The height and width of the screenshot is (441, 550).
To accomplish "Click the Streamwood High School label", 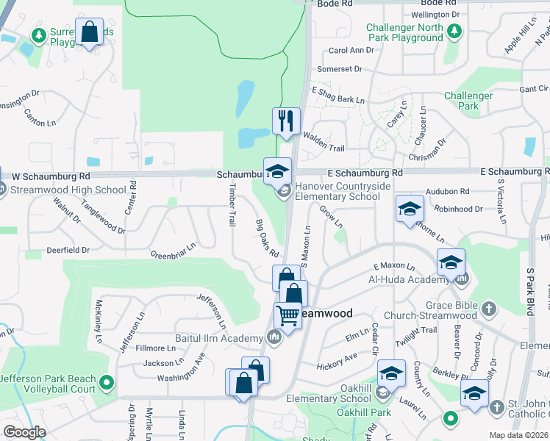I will (x=69, y=190).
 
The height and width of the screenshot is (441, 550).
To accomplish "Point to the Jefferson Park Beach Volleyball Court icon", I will (x=107, y=382).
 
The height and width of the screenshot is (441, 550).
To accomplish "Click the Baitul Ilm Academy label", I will (x=218, y=338).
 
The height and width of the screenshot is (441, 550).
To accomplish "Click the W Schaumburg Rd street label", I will (x=51, y=176).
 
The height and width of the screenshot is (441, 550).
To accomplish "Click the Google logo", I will (x=24, y=432).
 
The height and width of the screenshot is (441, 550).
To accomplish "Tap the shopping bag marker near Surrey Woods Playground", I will (x=89, y=32).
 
